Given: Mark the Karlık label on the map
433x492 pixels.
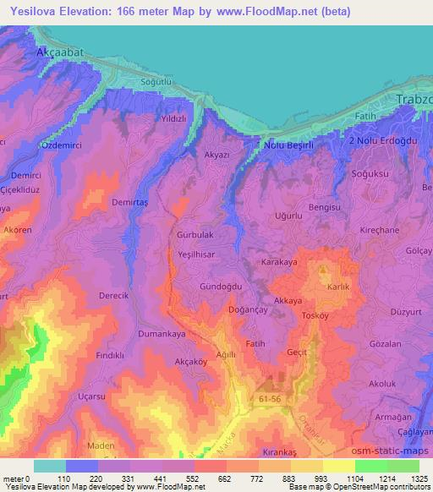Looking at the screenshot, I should coord(337,287).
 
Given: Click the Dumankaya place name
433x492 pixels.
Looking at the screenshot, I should coord(162,334).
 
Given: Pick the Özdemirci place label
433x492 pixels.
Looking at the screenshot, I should coord(41,146).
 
